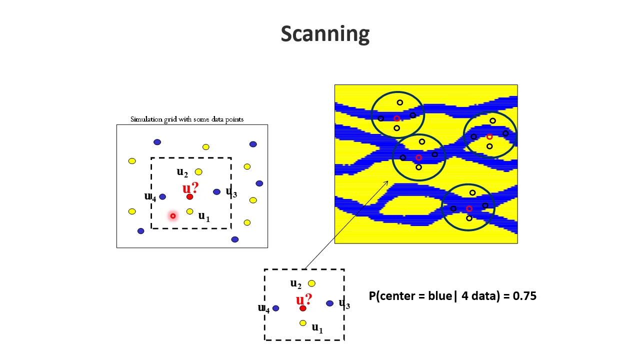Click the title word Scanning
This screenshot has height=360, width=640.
point(325,34)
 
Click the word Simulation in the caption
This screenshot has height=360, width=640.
point(146,119)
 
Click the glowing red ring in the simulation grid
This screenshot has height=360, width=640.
point(173,216)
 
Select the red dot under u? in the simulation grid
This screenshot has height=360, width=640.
point(189,197)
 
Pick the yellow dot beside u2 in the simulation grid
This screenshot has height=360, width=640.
point(198,172)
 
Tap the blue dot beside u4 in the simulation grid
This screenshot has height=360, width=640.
point(162,196)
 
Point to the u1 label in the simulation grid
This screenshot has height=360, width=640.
point(204,216)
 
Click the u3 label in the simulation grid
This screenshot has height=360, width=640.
point(231,192)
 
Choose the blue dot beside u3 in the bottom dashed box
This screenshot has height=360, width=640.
point(329,303)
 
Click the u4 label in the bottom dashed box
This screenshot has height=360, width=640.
point(263,308)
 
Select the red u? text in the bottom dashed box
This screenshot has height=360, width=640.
point(303,299)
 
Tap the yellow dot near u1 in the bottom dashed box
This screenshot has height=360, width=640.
point(303,323)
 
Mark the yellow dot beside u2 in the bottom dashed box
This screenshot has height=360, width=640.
point(311,283)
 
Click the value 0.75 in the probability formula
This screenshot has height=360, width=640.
point(524,296)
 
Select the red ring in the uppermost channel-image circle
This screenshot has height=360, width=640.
point(396,118)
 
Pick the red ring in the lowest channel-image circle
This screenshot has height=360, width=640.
point(469,209)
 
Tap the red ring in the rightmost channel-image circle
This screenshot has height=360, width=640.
point(489,137)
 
